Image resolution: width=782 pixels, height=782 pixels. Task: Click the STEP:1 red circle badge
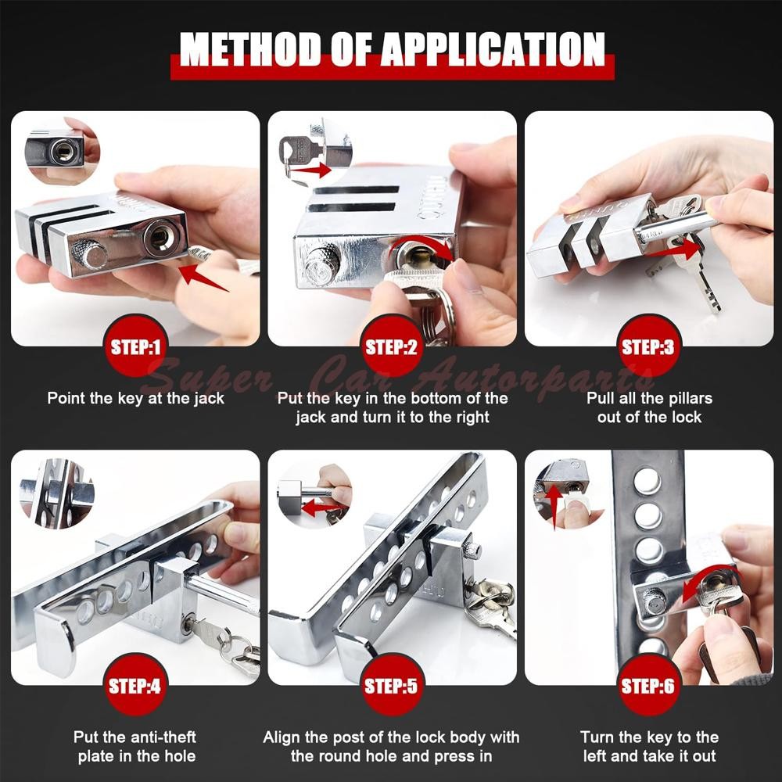[135, 347]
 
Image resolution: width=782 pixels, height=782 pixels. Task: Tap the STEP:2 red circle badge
[392, 347]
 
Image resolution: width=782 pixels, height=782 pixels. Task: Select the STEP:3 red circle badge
[647, 347]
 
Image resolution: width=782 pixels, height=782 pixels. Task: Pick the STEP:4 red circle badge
[135, 687]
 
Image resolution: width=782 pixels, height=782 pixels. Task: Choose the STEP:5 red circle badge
[392, 687]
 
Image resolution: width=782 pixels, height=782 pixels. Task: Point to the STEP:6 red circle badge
[647, 687]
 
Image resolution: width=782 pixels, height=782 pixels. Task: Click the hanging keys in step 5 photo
[491, 604]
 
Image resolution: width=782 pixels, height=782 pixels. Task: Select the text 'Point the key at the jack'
[135, 399]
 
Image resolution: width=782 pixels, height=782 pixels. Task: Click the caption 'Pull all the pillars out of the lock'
[649, 407]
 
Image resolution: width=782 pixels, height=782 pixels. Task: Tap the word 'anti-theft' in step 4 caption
[160, 737]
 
